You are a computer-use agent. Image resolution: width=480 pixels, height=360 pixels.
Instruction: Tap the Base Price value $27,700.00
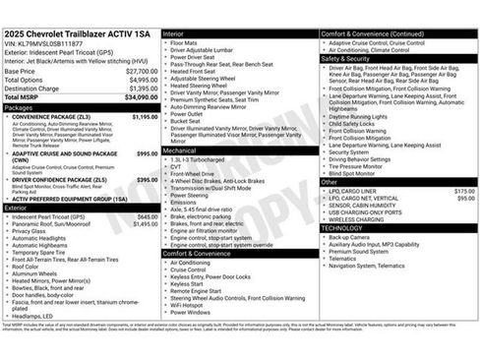click(x=143, y=72)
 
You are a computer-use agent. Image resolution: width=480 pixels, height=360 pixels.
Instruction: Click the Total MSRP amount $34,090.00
click(x=143, y=97)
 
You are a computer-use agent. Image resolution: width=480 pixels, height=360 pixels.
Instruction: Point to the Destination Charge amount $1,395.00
click(x=143, y=89)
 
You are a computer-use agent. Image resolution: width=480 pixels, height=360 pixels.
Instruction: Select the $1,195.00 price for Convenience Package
click(x=145, y=117)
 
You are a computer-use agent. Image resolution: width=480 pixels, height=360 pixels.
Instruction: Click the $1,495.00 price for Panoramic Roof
click(x=145, y=223)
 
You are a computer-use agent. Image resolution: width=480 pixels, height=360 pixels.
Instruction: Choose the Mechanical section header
click(x=182, y=150)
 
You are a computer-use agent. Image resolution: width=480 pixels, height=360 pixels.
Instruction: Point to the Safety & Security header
click(x=346, y=58)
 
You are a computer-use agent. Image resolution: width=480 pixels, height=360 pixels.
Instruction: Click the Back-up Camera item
click(x=349, y=237)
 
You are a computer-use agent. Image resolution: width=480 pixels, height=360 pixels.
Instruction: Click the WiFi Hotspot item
click(x=189, y=305)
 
